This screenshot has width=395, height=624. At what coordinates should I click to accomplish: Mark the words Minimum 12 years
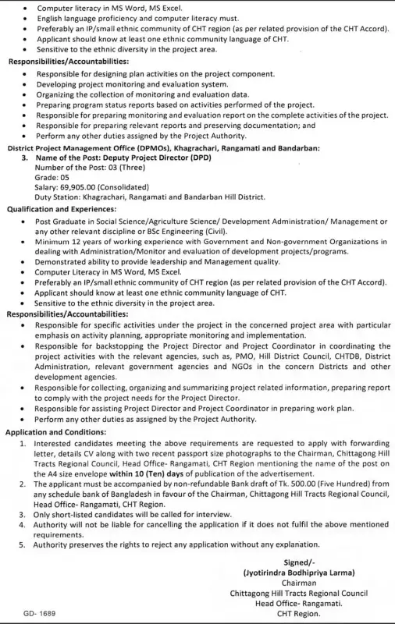(x=69, y=242)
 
